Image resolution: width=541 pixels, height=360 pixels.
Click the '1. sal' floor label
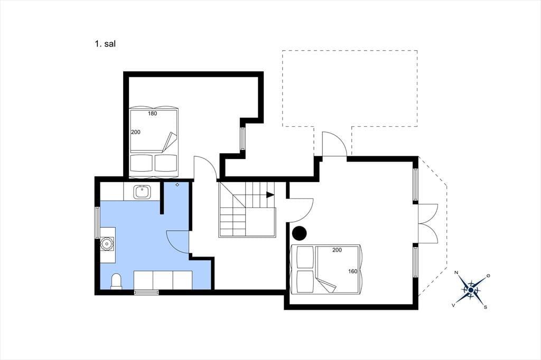105,44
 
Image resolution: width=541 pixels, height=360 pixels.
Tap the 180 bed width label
153,113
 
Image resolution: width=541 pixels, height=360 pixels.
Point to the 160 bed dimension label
352,271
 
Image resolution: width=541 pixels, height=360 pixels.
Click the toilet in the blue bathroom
116,281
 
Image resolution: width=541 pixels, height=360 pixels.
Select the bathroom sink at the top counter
142,192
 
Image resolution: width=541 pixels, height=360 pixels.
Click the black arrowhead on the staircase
270,195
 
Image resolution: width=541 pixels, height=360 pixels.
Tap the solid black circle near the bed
299,233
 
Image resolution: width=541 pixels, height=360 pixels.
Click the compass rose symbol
471,290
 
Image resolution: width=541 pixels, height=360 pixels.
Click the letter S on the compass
486,307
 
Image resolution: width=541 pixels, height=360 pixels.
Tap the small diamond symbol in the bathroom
178,185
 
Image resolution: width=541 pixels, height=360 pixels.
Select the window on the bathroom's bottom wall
146,292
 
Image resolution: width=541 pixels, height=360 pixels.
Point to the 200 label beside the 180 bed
136,132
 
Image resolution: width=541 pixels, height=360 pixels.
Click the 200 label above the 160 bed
337,250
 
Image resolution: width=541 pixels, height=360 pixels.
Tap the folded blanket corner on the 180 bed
170,141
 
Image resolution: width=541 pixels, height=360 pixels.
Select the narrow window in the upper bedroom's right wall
242,138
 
